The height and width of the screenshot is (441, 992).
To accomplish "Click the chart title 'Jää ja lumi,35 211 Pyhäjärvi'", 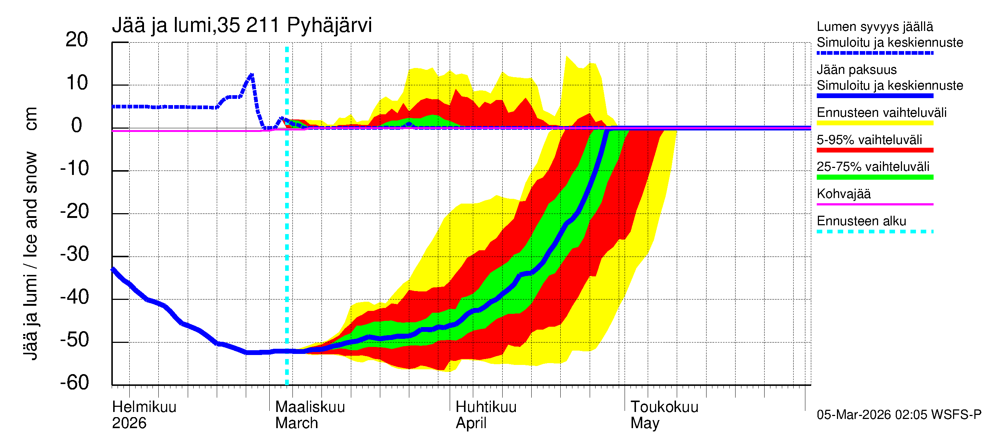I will [x=242, y=25].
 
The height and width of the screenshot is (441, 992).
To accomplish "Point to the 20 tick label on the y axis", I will [x=77, y=40].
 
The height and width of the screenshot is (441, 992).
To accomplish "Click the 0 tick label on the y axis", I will [x=77, y=126].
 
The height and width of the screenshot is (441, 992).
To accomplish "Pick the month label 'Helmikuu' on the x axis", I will [x=144, y=407].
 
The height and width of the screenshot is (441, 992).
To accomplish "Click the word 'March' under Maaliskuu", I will [x=296, y=423].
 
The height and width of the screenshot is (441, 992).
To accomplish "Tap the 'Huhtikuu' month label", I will [x=486, y=407].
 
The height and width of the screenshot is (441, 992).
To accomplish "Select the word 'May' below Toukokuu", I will [x=645, y=423].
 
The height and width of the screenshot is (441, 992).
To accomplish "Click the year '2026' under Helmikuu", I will [x=129, y=423].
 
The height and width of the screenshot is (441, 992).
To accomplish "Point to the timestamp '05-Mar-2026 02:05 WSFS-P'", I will [x=899, y=415].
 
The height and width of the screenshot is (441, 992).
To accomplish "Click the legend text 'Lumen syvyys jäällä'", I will [x=875, y=26].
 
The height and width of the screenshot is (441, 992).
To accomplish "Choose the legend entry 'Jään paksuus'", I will [x=856, y=70].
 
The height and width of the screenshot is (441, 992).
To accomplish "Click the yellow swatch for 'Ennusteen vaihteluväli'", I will [x=875, y=123].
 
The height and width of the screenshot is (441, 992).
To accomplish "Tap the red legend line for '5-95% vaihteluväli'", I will [x=875, y=150].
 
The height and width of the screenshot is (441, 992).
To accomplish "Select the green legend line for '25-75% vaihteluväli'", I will [x=875, y=177].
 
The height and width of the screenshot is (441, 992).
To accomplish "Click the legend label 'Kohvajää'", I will [x=843, y=194].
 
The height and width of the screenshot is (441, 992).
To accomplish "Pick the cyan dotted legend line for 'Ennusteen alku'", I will [x=875, y=232].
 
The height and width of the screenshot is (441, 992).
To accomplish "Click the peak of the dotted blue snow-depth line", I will [x=251, y=75].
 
